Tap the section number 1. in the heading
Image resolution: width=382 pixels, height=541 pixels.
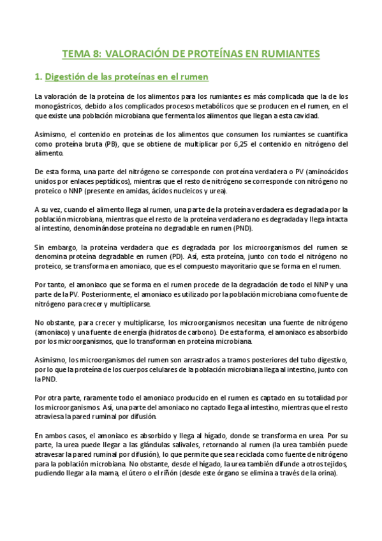pos(38,77)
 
